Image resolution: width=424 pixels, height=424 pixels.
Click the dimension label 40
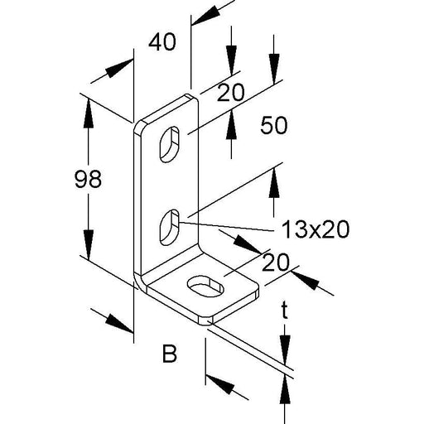tap(162, 42)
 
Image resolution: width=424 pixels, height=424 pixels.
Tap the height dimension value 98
tap(88, 179)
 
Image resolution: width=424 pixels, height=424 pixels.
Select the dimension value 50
tap(274, 125)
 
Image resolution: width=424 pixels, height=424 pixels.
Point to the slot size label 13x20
tap(316, 229)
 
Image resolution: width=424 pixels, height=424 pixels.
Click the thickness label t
tap(285, 312)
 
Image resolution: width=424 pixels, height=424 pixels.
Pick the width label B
tap(169, 354)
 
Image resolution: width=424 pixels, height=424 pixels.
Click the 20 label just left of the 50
tap(231, 92)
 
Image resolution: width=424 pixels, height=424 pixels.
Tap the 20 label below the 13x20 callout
tap(276, 263)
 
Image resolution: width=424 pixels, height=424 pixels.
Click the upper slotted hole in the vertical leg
tap(169, 144)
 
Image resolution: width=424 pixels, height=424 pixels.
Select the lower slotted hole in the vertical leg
tap(169, 227)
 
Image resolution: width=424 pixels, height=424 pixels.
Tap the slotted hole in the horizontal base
tap(205, 287)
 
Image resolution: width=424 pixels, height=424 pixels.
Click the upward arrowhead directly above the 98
tap(89, 113)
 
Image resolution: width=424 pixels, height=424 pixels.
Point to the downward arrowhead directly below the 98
tap(89, 244)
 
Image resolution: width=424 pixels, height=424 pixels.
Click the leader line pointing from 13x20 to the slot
tap(225, 226)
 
